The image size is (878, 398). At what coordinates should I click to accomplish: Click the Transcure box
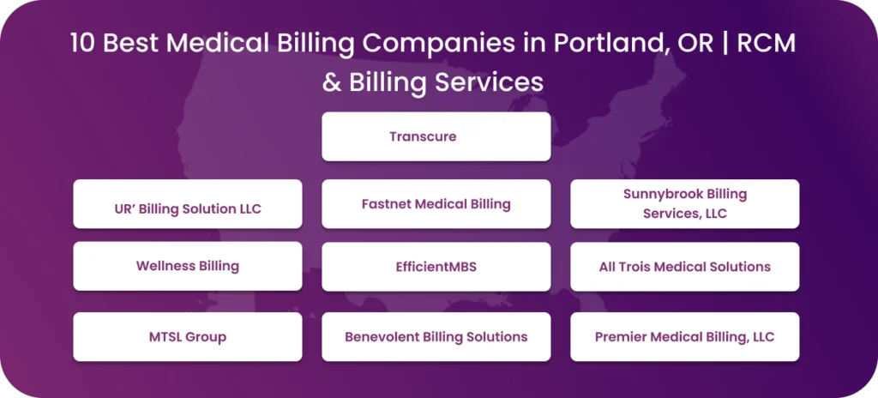click(436, 136)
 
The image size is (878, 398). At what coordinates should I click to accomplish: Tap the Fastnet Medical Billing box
click(436, 204)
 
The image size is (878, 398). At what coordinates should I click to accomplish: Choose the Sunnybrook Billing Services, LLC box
click(684, 204)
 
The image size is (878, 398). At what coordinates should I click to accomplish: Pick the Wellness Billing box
click(187, 266)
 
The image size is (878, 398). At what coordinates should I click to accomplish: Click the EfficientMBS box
click(436, 267)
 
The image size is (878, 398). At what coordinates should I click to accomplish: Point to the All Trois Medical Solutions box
click(684, 267)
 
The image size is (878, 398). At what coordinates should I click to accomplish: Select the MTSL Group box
click(187, 336)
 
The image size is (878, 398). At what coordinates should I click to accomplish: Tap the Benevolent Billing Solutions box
click(436, 336)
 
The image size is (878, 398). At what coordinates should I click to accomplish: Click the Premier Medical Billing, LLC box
click(684, 336)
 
